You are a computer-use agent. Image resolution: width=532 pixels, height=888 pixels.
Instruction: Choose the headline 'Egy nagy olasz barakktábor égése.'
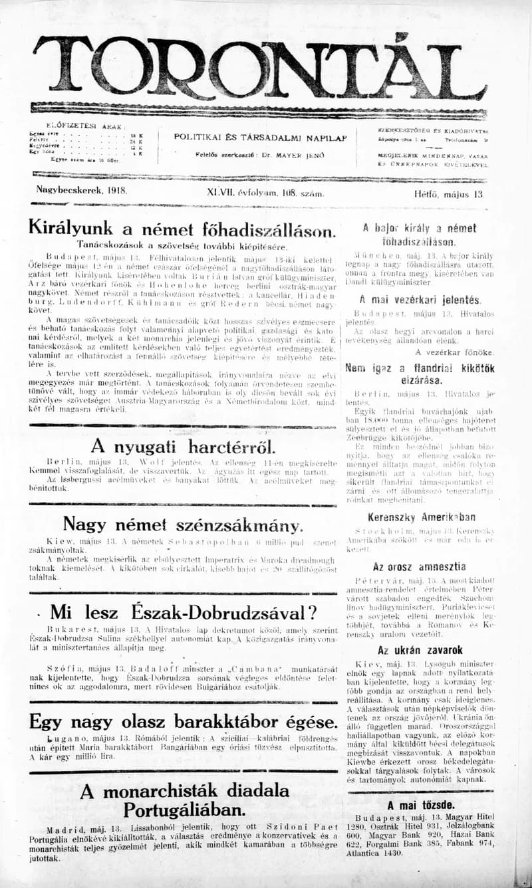point(181,721)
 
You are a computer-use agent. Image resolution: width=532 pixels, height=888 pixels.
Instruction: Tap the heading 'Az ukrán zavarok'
point(420,650)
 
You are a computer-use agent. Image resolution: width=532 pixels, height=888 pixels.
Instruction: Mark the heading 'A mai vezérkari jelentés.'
point(420,299)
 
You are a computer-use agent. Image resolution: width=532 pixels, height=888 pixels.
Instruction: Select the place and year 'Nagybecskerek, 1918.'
point(82,190)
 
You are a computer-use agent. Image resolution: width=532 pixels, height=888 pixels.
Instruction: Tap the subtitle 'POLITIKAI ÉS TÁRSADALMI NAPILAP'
point(260,137)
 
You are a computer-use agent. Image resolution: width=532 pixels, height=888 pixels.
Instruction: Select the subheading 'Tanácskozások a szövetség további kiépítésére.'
point(182,245)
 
